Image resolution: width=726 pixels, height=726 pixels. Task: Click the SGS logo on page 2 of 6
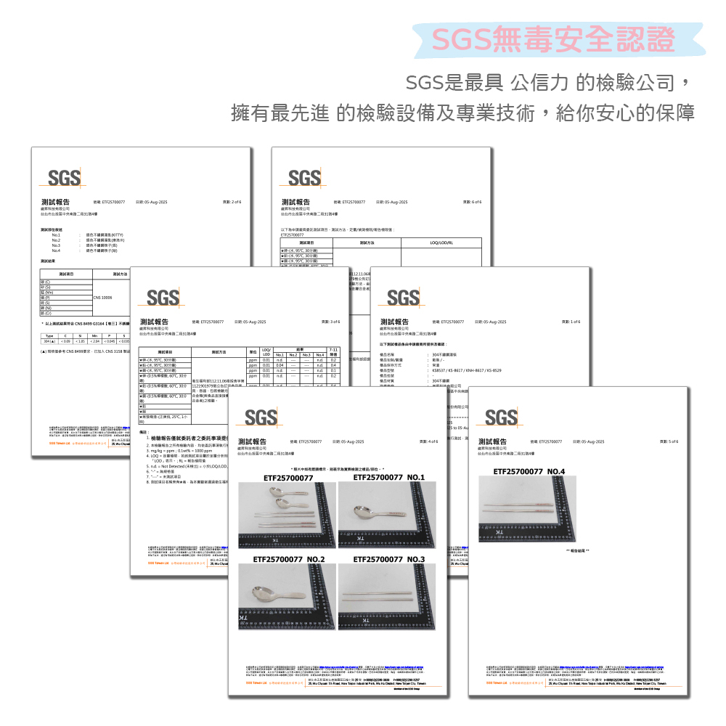pyautogui.click(x=64, y=177)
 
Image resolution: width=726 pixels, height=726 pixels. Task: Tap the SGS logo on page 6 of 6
pyautogui.click(x=304, y=177)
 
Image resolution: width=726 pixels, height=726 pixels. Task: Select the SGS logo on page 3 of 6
pyautogui.click(x=163, y=297)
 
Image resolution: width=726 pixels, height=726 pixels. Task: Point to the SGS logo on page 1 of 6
pyautogui.click(x=403, y=297)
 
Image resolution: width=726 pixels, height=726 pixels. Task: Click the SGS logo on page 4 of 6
pyautogui.click(x=261, y=417)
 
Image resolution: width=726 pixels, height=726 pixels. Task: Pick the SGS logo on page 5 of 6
pyautogui.click(x=501, y=417)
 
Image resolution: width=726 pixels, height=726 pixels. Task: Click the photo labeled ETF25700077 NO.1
pyautogui.click(x=387, y=515)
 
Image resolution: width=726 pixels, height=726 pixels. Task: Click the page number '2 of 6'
pyautogui.click(x=231, y=202)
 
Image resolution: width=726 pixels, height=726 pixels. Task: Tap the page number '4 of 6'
pyautogui.click(x=428, y=441)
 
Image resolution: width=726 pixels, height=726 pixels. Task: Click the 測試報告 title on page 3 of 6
pyautogui.click(x=154, y=322)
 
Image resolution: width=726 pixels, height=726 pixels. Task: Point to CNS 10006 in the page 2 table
pyautogui.click(x=102, y=298)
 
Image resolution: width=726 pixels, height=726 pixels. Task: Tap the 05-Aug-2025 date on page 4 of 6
pyautogui.click(x=346, y=441)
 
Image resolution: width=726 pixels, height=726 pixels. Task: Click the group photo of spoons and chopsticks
pyautogui.click(x=287, y=515)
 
